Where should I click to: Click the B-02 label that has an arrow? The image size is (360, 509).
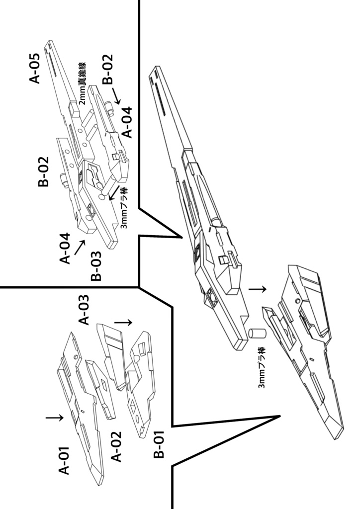point(108,69)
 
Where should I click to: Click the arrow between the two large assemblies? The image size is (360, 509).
point(258,288)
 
